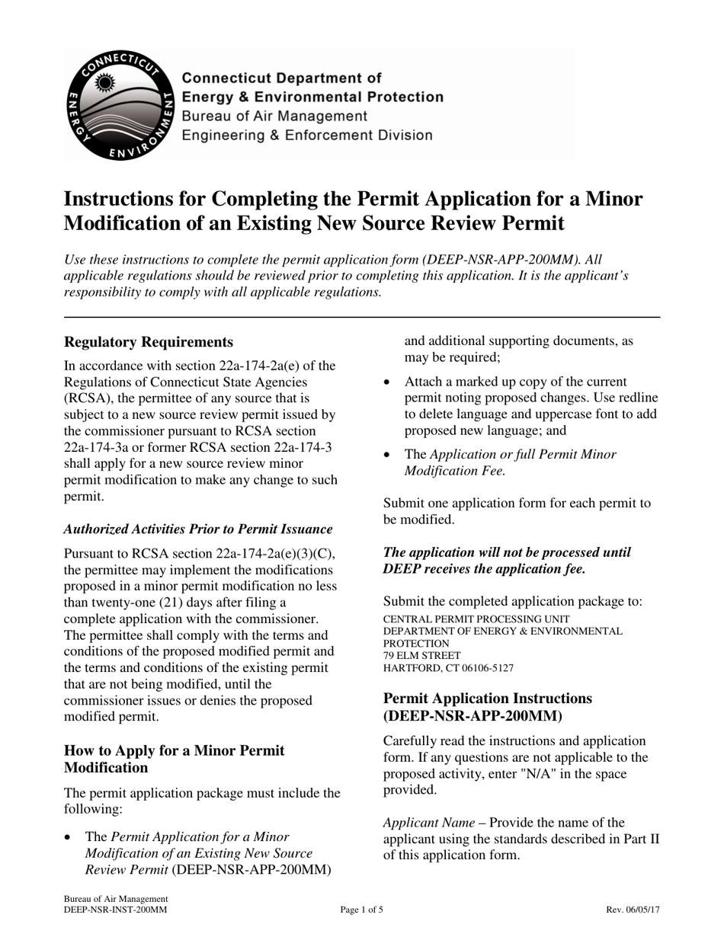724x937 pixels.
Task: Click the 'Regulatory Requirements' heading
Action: coord(149,342)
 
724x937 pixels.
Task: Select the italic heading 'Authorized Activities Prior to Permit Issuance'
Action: coord(198,529)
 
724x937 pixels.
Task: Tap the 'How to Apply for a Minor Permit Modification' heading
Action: coord(175,759)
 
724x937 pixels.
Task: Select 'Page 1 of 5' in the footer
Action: coord(361,910)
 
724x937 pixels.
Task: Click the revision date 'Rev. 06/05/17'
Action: coord(633,910)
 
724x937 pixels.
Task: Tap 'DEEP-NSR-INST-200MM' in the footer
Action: coord(115,910)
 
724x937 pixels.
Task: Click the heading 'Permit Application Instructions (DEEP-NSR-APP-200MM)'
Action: coord(488,707)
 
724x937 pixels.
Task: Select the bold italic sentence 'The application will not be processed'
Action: coord(507,561)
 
